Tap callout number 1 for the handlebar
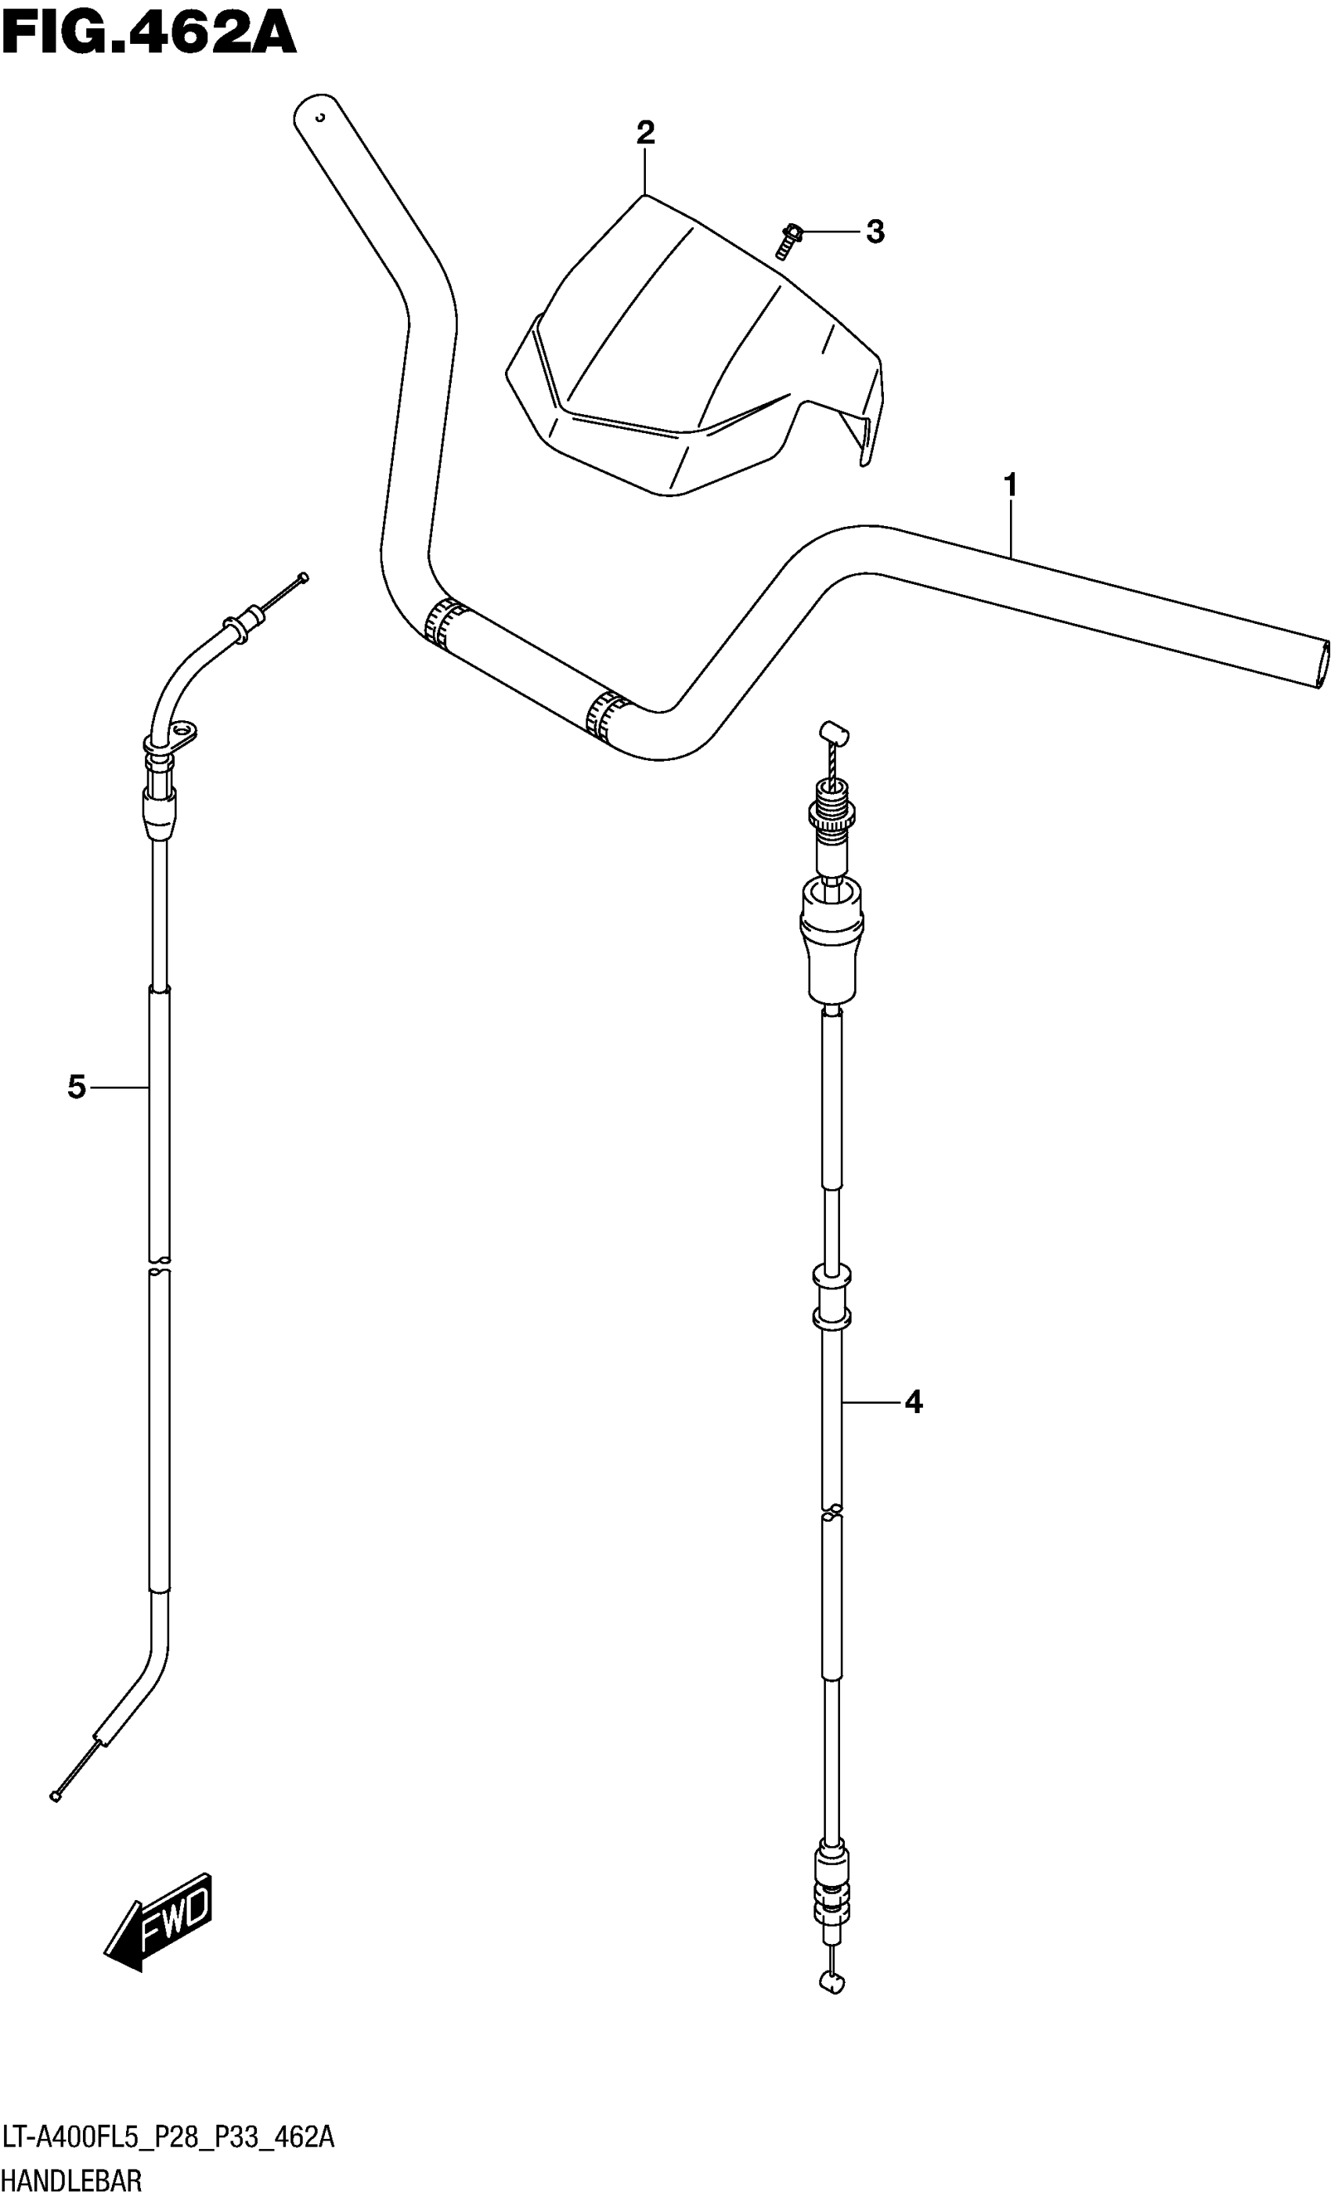pyautogui.click(x=1010, y=486)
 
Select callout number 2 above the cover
pyautogui.click(x=645, y=133)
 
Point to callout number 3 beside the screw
pyautogui.click(x=875, y=232)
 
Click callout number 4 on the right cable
pyautogui.click(x=913, y=1401)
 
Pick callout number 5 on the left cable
pyautogui.click(x=77, y=1087)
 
